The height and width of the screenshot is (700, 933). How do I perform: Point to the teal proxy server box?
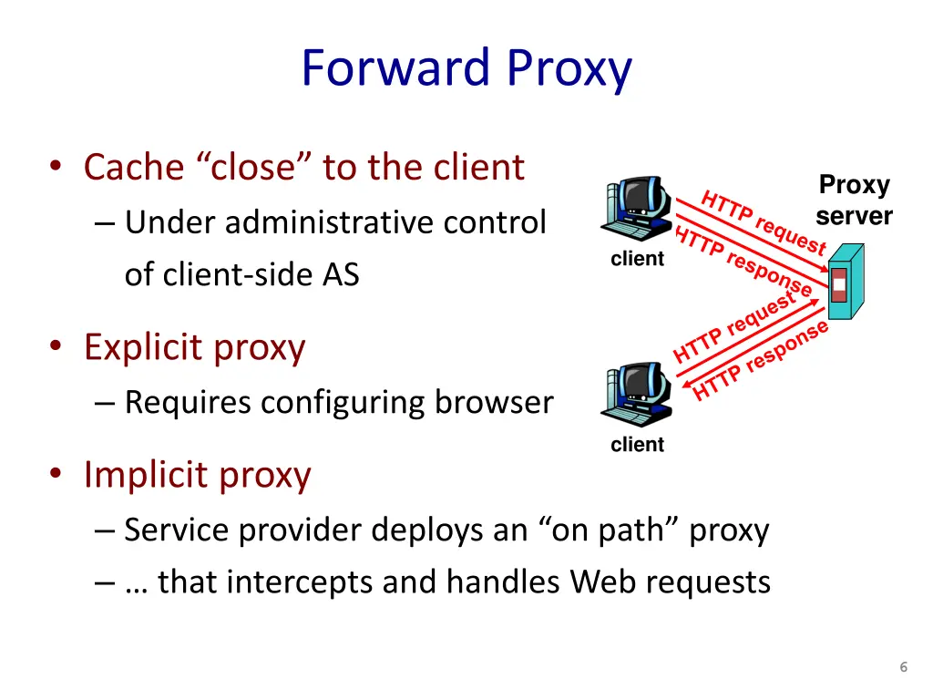click(844, 281)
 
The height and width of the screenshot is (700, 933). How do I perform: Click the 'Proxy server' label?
click(854, 201)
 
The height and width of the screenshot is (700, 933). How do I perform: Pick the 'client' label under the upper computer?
click(637, 259)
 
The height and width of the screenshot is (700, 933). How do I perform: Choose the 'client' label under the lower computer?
click(637, 445)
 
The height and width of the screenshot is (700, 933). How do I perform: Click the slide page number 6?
click(903, 667)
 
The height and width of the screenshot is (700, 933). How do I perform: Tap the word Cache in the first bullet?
click(134, 167)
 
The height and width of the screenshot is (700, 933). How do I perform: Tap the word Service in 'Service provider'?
click(177, 530)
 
